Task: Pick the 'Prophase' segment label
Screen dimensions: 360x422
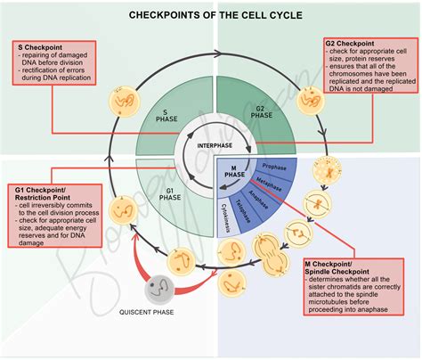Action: tap(273, 166)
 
